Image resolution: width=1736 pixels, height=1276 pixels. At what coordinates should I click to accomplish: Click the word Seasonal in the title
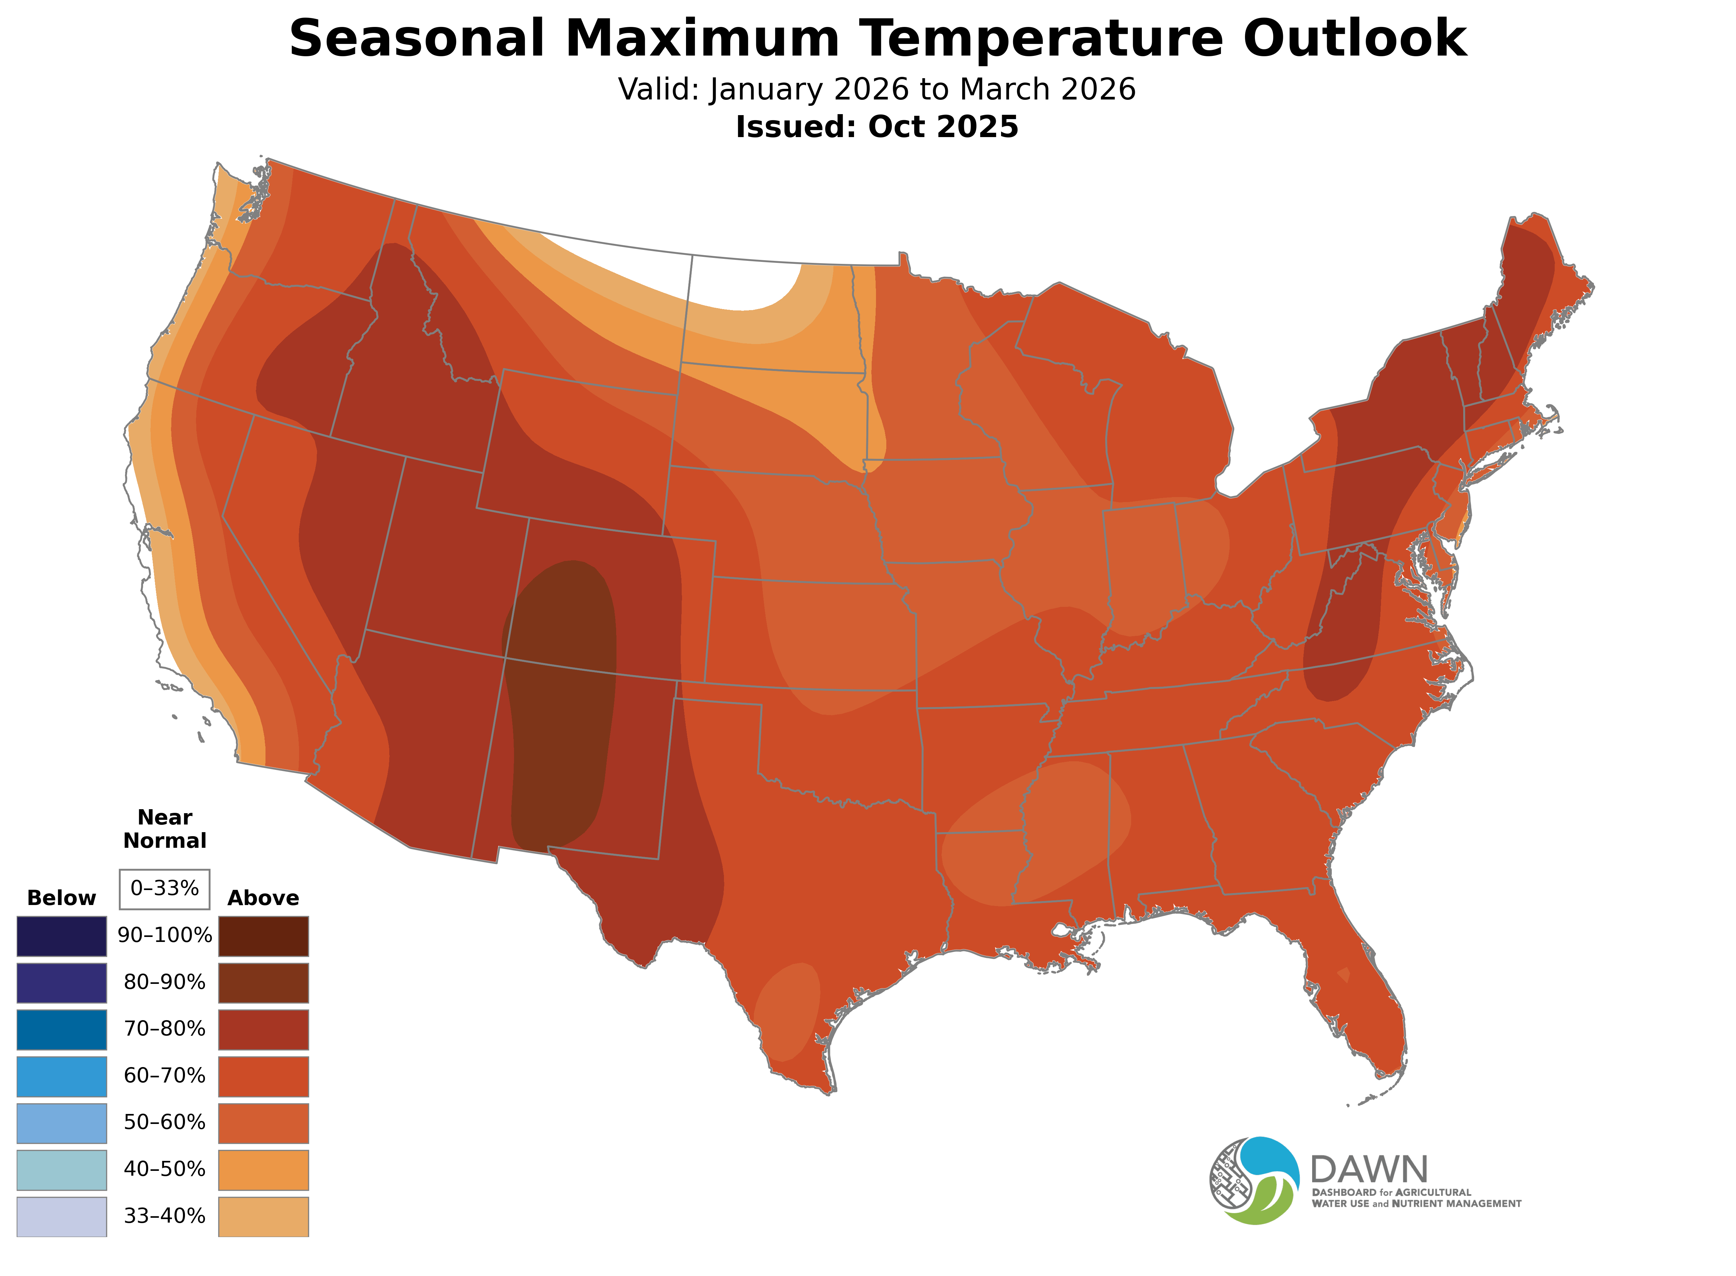[x=417, y=39]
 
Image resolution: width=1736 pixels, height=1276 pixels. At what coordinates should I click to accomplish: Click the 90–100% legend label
[x=164, y=935]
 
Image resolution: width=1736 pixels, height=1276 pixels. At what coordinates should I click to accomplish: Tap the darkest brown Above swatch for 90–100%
[x=263, y=936]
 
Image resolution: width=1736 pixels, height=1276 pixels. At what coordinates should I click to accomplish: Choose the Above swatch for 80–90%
[x=263, y=983]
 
